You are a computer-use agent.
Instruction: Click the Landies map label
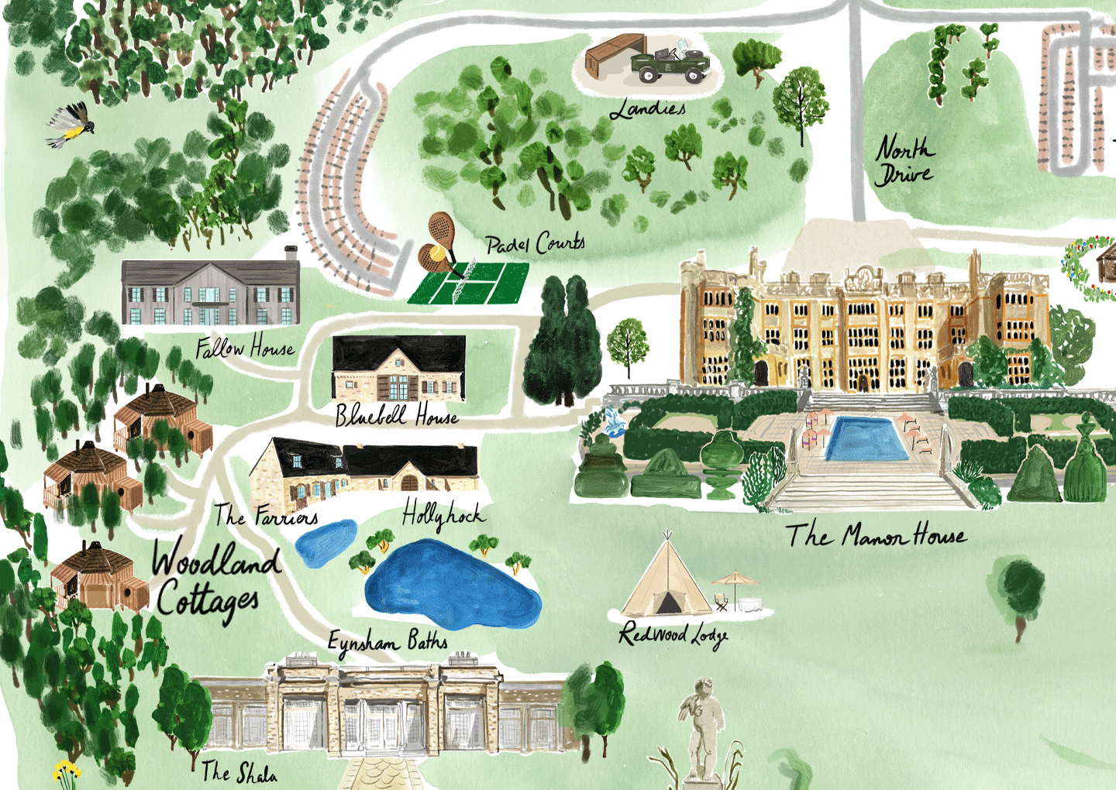648,109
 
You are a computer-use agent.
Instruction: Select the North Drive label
904,160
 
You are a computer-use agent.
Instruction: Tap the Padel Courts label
535,244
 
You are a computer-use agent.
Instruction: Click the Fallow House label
245,348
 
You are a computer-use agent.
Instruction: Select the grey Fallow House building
211,293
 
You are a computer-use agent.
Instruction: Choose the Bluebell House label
396,416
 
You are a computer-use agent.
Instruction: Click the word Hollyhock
443,514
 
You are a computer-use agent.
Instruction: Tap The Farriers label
266,516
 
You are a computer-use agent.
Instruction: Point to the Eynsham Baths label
387,642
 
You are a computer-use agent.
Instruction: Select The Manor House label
877,535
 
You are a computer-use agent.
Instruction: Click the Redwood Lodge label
673,635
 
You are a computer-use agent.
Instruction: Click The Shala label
239,772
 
